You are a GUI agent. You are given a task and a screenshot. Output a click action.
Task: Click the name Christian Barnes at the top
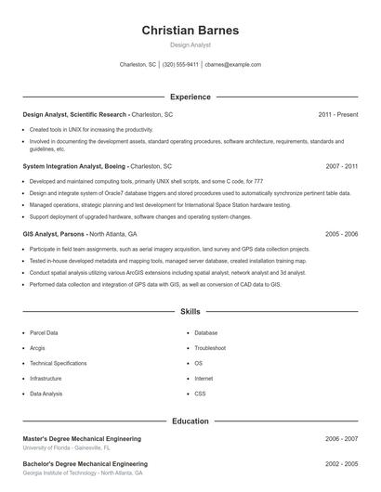tap(190, 31)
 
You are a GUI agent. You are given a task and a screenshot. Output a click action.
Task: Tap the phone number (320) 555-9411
tap(180, 65)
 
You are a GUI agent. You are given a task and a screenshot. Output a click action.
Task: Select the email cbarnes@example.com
tap(232, 65)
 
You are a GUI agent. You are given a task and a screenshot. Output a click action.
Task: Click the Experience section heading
tap(190, 97)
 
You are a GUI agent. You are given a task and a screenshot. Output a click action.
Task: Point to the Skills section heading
tap(190, 312)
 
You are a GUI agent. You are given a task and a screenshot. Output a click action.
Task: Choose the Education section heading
tap(190, 421)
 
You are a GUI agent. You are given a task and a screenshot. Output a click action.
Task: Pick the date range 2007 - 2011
tap(341, 165)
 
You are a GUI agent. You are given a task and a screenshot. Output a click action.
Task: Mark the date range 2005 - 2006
tap(341, 234)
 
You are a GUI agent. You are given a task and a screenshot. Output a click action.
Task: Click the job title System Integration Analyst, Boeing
tap(73, 165)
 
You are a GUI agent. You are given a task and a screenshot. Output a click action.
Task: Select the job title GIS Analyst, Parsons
tap(55, 234)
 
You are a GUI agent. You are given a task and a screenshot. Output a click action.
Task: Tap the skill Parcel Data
tap(44, 332)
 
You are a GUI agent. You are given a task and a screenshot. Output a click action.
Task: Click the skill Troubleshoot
tap(210, 348)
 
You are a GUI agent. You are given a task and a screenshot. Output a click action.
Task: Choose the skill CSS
tap(200, 394)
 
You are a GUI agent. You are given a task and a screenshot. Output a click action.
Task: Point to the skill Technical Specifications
tap(58, 363)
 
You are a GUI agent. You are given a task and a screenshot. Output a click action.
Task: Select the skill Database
tap(205, 332)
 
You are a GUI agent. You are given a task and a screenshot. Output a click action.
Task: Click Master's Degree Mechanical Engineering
tap(82, 438)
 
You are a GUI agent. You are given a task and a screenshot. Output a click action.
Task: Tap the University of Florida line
tap(66, 447)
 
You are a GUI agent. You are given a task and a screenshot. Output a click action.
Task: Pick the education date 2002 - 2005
tap(341, 462)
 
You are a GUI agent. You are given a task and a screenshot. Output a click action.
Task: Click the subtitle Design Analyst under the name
tap(190, 45)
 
